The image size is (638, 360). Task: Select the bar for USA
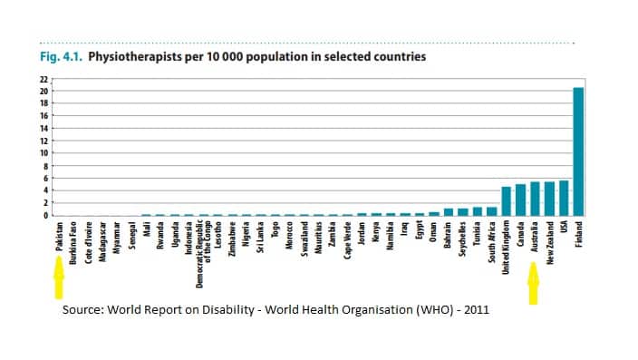(564, 199)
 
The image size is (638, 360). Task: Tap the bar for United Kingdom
(506, 201)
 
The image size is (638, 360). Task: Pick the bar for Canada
(520, 200)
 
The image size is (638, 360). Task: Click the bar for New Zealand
(549, 199)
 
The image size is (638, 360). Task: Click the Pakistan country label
(58, 240)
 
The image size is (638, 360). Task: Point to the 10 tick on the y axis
(42, 153)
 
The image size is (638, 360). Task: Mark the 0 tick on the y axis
(43, 216)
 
